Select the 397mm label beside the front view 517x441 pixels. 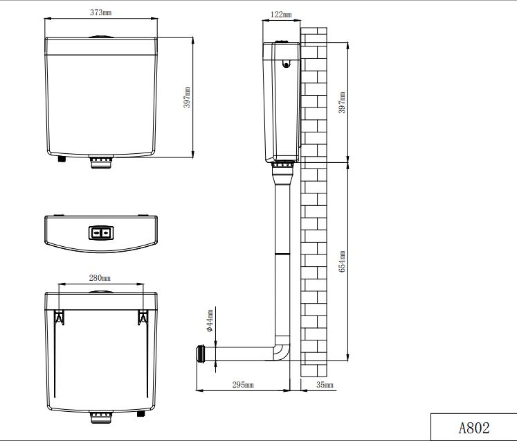tap(187, 98)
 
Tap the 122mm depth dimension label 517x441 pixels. tap(280, 14)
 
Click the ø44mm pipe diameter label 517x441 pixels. tap(210, 323)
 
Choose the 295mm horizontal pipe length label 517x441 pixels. tap(242, 385)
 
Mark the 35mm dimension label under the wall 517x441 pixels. tap(324, 385)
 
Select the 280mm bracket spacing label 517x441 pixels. tap(100, 277)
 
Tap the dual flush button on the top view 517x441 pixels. tap(100, 233)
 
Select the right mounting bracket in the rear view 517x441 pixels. tap(144, 317)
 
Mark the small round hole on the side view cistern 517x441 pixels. tap(285, 67)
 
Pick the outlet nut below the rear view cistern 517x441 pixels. tap(101, 417)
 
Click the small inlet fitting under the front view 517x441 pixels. tap(62, 159)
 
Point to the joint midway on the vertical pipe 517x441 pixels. tap(282, 254)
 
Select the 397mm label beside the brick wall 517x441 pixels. tap(341, 103)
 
